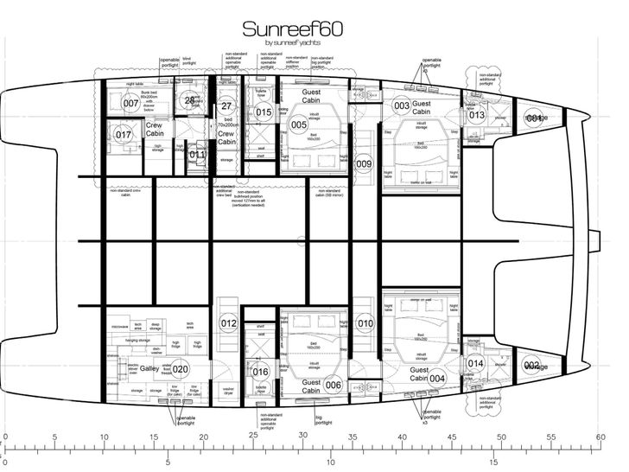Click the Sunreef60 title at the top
[293, 29]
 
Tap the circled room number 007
[130, 104]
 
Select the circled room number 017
[124, 135]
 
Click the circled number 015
[264, 112]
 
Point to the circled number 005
[299, 124]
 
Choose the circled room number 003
[401, 105]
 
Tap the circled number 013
[477, 116]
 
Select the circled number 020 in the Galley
[180, 369]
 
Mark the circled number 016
[261, 373]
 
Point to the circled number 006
[334, 385]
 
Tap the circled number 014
[475, 364]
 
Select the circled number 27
[227, 106]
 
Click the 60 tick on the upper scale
[600, 438]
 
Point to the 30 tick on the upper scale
[303, 438]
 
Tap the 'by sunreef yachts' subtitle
[293, 43]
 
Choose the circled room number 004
[438, 377]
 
